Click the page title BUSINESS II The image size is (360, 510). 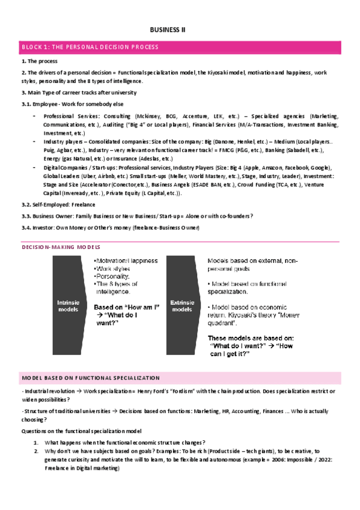tap(168, 29)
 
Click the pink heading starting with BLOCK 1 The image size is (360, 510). tap(90, 47)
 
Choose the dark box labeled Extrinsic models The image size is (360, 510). tap(182, 306)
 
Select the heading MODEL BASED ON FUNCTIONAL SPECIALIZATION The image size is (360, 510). tap(91, 378)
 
